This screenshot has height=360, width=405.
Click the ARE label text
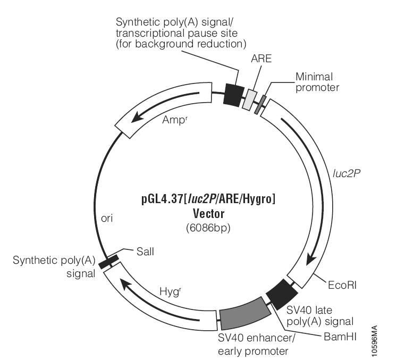pos(261,58)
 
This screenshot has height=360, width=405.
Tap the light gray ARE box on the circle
pos(250,100)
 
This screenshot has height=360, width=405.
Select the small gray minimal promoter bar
pos(260,104)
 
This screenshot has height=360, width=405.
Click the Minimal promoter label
pos(317,82)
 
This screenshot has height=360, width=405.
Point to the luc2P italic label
pos(347,173)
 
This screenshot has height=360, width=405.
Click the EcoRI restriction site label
pos(342,286)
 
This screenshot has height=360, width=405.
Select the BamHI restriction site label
pos(340,337)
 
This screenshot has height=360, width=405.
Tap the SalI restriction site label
pos(145,252)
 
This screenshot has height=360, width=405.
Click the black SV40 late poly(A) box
pos(282,295)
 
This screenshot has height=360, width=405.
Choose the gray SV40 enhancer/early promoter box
pos(245,314)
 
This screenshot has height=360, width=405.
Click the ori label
pos(107,219)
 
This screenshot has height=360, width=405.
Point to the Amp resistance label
pos(175,120)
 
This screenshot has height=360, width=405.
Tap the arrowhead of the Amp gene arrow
pos(136,119)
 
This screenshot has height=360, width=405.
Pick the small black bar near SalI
pos(109,262)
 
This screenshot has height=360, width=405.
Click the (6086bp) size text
pos(208,228)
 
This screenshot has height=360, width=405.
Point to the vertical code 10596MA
pos(374,341)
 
